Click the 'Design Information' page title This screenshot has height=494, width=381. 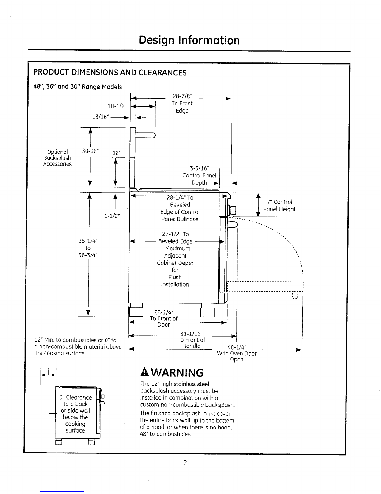189,40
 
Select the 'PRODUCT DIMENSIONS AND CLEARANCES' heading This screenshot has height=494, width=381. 110,73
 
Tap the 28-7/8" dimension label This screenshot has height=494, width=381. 182,97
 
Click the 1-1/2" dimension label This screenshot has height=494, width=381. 112,216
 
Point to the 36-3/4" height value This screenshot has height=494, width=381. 88,255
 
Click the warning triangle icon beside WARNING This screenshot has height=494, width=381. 144,372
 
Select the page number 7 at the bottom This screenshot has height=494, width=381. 185,463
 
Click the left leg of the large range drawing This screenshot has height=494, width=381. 136,311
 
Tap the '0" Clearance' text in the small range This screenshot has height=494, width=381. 76,397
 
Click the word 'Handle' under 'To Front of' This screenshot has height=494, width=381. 191,346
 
